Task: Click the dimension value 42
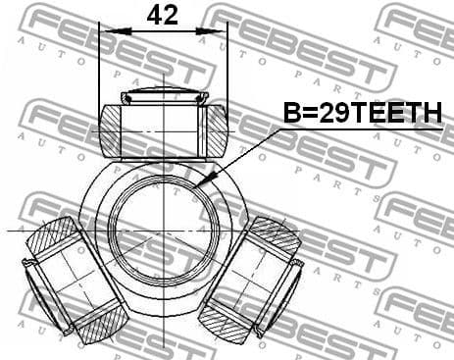[x=162, y=15]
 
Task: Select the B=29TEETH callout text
[x=362, y=116]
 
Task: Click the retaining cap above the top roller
[x=163, y=96]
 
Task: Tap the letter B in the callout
[x=291, y=116]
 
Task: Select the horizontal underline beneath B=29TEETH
[x=363, y=129]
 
